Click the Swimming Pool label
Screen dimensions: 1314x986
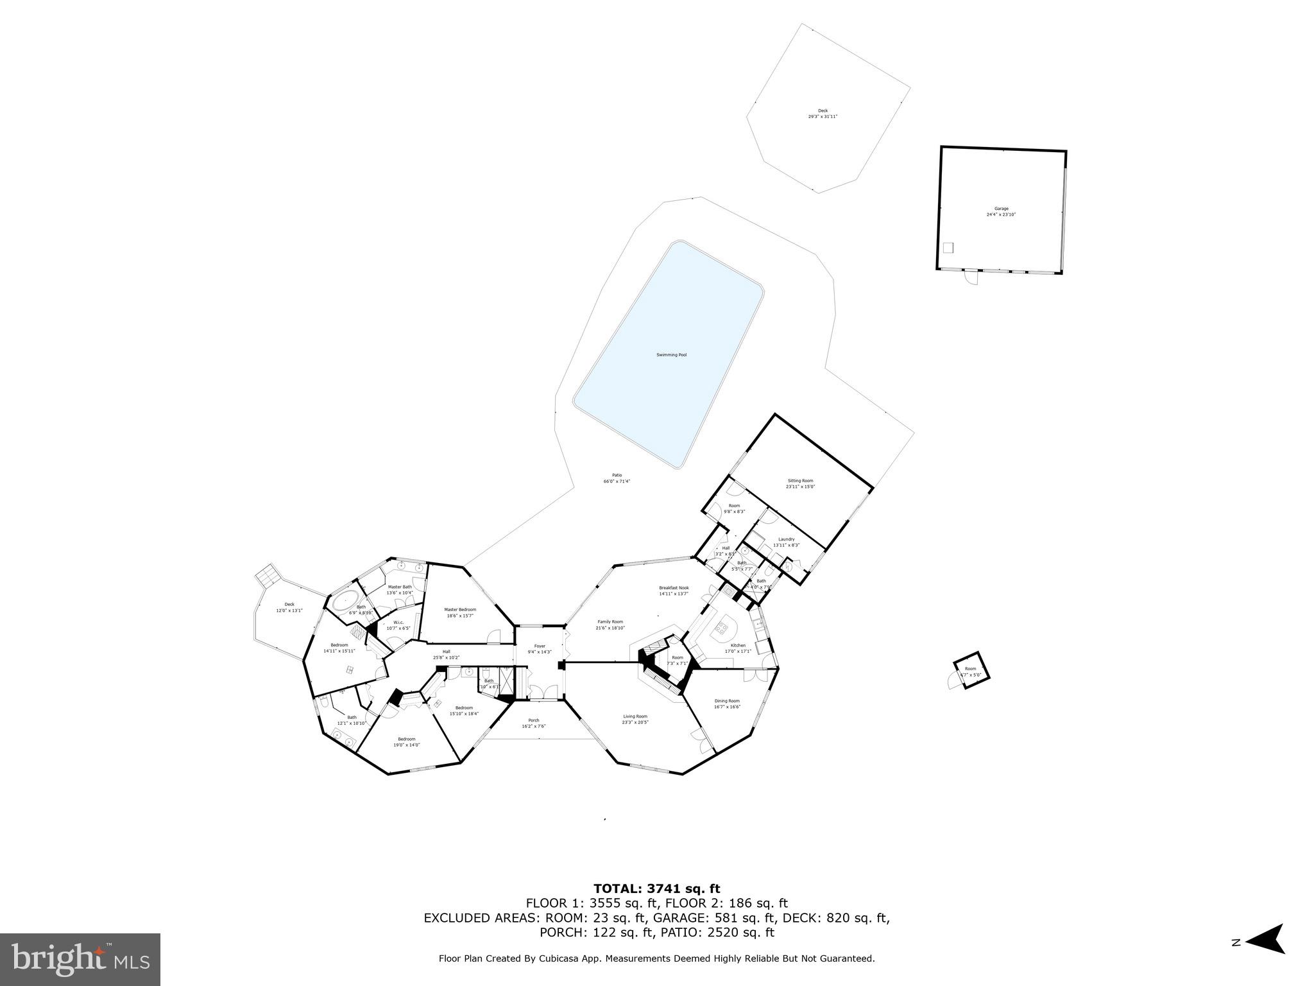671,355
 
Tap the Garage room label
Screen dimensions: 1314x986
1001,209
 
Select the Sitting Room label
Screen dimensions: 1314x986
800,481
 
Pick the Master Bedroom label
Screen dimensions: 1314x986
460,609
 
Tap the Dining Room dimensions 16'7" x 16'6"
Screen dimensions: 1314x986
727,707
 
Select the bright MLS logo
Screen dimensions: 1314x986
80,960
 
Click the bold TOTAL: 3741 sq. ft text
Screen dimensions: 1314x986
656,888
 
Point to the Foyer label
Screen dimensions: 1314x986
540,646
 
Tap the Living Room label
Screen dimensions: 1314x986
635,716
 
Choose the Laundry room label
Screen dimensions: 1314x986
786,539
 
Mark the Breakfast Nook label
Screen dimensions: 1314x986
674,587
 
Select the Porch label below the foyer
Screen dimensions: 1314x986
533,720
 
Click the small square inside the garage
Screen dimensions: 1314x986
948,248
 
